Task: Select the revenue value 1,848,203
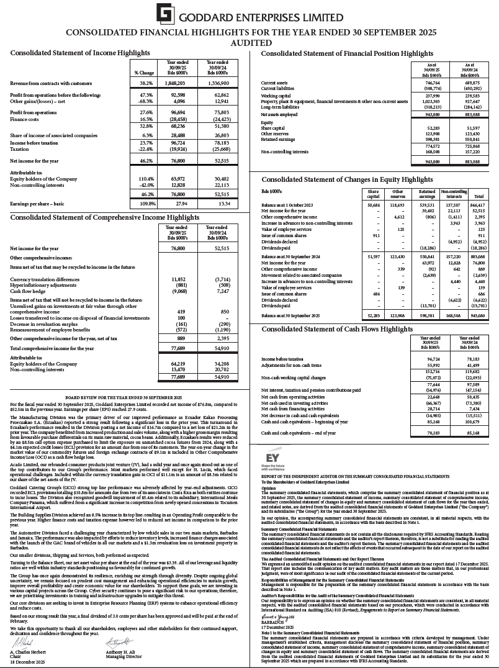point(176,83)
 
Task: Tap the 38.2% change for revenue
point(146,83)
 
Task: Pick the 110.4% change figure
point(145,179)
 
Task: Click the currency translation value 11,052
point(177,279)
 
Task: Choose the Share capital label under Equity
point(275,128)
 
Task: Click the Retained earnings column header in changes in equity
point(426,194)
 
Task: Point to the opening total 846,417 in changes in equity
point(479,204)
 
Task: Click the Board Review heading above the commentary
point(124,396)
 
